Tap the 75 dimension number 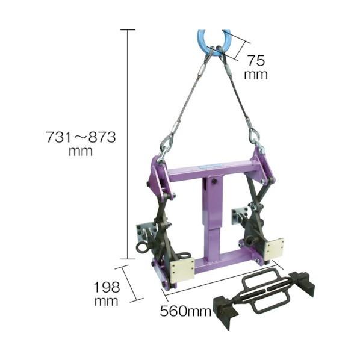tap(256, 61)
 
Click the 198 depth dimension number tap(107, 287)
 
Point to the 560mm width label tap(185, 312)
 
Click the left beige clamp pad tap(182, 268)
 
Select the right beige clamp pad tap(274, 249)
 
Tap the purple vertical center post tap(213, 216)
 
